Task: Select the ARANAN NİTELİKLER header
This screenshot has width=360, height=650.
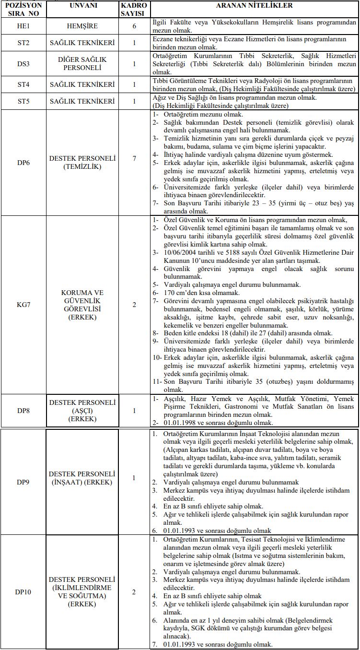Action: point(255,6)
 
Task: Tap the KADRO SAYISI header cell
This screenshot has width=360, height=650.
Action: point(134,9)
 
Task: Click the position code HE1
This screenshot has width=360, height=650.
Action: point(23,25)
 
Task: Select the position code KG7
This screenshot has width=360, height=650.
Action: point(23,304)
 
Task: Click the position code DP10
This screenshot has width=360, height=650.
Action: point(23,592)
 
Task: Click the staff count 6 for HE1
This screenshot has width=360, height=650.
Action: point(134,25)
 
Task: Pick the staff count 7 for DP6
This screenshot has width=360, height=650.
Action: point(134,163)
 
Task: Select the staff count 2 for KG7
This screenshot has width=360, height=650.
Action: point(134,304)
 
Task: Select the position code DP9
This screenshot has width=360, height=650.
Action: point(23,478)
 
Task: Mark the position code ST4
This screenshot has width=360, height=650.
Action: point(23,85)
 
